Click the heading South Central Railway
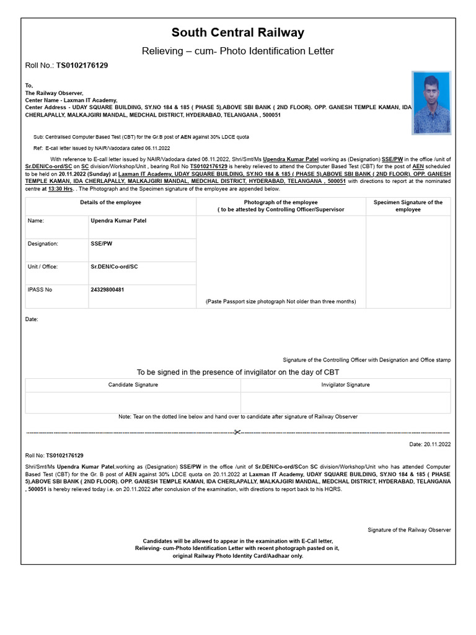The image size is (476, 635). tap(238, 33)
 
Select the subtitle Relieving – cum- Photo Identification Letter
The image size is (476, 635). tap(238, 51)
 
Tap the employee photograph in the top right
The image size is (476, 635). tap(431, 103)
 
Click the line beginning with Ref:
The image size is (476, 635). tap(102, 148)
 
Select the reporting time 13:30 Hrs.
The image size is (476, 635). tap(61, 189)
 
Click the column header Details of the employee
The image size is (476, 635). tap(110, 203)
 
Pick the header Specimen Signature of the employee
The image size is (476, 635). tap(408, 206)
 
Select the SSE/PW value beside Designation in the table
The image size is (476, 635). tap(102, 244)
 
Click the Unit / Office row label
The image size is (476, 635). tap(43, 267)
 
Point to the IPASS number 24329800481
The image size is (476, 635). tap(107, 290)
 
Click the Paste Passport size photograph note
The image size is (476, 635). tap(281, 301)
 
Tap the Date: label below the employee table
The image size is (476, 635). tap(32, 319)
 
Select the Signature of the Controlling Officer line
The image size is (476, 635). tap(366, 360)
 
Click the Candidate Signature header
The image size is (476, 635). tap(133, 385)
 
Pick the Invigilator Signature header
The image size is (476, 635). tap(345, 385)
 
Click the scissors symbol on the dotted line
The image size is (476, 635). tap(237, 432)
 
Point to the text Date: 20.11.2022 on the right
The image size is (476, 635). tap(430, 444)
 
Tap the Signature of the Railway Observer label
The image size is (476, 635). tap(409, 530)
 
